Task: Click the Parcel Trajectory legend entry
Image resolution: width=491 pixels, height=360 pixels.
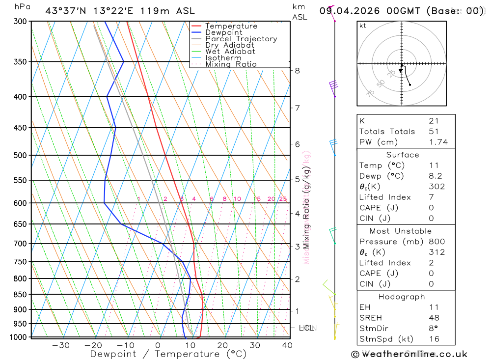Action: (x=241, y=39)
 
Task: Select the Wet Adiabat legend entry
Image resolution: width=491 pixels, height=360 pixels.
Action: (x=230, y=52)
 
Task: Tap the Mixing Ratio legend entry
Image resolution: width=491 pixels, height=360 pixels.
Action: (x=231, y=64)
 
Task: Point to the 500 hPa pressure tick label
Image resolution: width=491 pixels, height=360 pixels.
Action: (x=20, y=156)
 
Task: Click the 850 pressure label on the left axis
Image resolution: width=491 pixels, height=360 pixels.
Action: (x=20, y=295)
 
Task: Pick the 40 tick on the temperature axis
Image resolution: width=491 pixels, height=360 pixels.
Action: (x=287, y=345)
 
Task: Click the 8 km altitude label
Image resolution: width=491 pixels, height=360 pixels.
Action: (x=297, y=71)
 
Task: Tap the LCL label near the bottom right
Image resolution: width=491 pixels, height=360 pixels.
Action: (x=306, y=328)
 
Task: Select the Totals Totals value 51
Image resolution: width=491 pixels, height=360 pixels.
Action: (x=434, y=132)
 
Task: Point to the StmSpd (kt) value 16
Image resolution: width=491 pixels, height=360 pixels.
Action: (x=434, y=339)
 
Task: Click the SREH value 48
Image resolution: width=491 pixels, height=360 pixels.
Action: (x=434, y=318)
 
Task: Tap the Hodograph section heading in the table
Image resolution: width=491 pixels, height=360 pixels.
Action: (x=401, y=297)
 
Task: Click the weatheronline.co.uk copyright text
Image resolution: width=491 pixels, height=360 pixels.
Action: (x=409, y=354)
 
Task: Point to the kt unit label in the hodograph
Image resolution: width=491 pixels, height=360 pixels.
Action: (x=363, y=26)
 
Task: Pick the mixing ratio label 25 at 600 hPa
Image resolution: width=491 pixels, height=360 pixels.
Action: (x=283, y=199)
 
